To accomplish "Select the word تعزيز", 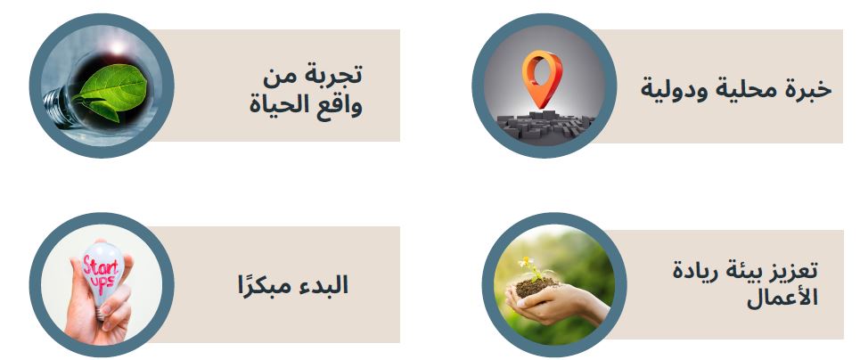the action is (x=794, y=271).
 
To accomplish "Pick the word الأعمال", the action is (x=782, y=298).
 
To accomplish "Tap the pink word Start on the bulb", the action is (x=101, y=267).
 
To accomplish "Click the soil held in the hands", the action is (x=536, y=286).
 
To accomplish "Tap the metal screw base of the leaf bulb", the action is (x=56, y=107).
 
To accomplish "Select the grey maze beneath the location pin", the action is (x=545, y=125).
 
